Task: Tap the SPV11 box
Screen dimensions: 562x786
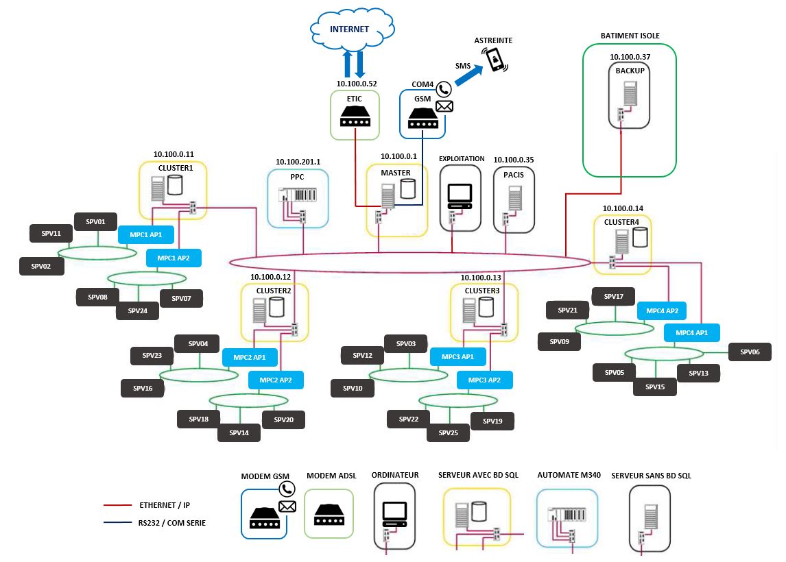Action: click(51, 233)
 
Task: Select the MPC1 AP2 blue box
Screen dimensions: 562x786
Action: click(174, 258)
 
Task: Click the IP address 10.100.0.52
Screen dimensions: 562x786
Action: click(357, 84)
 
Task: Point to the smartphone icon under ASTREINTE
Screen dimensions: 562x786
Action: click(495, 60)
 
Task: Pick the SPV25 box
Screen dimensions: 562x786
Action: click(448, 432)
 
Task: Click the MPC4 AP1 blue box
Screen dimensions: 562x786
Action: click(691, 332)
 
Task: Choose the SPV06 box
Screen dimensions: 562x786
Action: click(750, 352)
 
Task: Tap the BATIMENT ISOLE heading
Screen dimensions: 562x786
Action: click(630, 36)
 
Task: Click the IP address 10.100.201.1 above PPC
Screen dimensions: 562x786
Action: click(298, 162)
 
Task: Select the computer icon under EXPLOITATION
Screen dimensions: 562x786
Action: click(459, 197)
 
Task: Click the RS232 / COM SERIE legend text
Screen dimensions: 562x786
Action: click(171, 523)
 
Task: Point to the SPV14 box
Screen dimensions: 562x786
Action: click(239, 432)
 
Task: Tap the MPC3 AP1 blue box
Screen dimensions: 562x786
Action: click(457, 356)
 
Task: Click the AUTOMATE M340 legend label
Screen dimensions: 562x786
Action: click(569, 475)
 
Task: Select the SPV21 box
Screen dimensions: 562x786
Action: click(567, 310)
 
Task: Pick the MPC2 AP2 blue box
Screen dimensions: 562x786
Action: click(276, 380)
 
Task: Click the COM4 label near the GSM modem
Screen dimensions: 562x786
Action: click(422, 84)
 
